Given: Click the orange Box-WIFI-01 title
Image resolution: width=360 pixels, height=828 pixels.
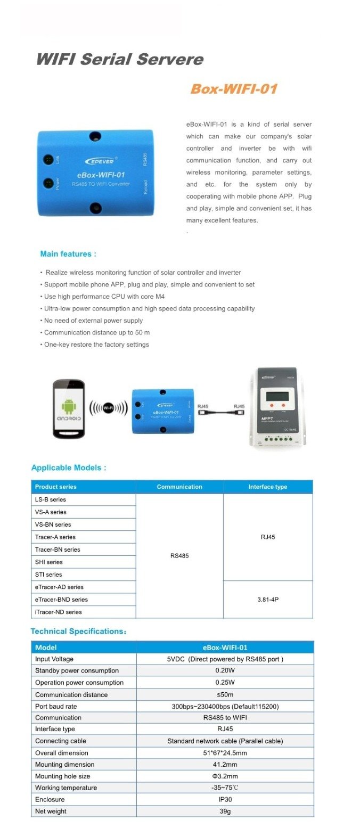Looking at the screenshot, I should (234, 89).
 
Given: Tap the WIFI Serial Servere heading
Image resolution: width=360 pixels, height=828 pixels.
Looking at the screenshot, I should (119, 59).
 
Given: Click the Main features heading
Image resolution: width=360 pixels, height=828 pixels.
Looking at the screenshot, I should (68, 254).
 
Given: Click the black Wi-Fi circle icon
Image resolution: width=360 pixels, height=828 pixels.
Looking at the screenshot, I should (108, 408).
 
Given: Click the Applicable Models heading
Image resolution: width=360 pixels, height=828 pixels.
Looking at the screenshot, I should (69, 468).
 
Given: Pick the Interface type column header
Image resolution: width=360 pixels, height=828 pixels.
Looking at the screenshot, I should (267, 487).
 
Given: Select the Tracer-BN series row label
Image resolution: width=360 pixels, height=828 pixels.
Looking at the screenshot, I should (58, 550).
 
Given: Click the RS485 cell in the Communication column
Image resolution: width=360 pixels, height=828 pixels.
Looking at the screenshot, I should (179, 556).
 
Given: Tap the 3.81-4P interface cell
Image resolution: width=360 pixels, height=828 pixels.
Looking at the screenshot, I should (267, 600).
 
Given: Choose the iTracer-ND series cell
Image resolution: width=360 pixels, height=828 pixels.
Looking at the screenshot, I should (59, 612).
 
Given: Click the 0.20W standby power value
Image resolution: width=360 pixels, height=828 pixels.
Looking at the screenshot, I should (225, 670).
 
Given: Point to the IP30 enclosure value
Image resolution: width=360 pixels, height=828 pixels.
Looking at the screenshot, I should (225, 799).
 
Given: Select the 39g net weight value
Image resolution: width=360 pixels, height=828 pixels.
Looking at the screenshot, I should (225, 811).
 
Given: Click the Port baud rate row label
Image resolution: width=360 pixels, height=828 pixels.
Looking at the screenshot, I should (56, 706).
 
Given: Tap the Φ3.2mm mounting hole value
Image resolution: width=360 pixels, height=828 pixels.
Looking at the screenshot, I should (225, 776).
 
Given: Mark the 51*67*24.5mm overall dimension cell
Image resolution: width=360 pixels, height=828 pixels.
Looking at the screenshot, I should (225, 753).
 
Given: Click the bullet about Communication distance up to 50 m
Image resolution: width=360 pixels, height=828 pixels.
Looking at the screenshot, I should (96, 332).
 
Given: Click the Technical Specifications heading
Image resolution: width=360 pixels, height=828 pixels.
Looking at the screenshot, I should (78, 631).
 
